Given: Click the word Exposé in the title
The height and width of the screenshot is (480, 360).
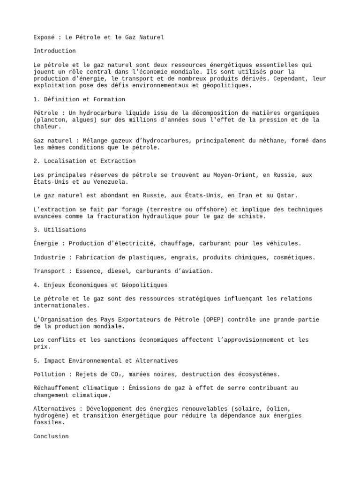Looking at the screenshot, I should [44, 37].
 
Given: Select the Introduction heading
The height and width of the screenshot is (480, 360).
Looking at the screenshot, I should [54, 51].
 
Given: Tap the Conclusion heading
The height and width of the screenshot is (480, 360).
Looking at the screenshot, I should [51, 436].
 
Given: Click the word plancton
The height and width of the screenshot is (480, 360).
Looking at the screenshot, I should [52, 120].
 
